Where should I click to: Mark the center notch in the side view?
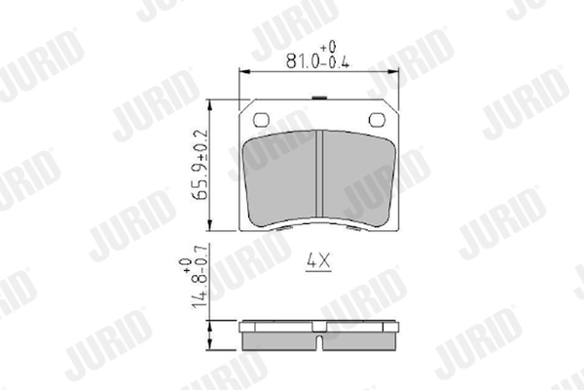[320, 342]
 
